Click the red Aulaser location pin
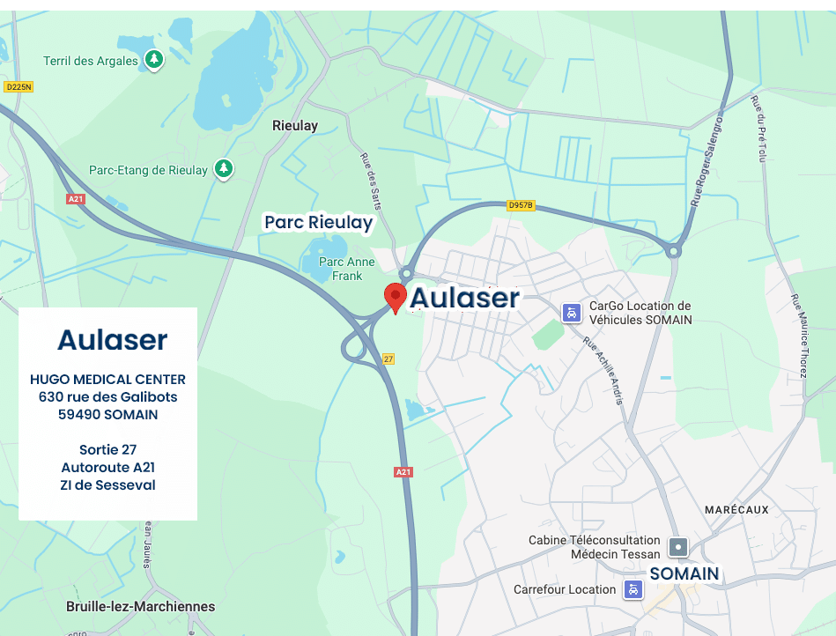[x=396, y=297]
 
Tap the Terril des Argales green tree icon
[x=154, y=60]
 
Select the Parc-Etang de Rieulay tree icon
[x=224, y=168]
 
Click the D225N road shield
[x=18, y=86]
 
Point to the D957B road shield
[x=521, y=205]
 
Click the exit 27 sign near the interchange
[x=388, y=359]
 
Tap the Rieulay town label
[x=295, y=126]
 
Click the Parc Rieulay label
[x=319, y=223]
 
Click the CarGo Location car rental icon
[x=572, y=312]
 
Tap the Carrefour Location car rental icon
[x=633, y=589]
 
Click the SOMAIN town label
[x=684, y=573]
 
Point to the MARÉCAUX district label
[x=736, y=510]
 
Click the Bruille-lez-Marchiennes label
[x=140, y=606]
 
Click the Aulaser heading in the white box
[x=112, y=339]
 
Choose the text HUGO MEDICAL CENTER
[x=107, y=380]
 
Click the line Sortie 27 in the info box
[x=107, y=450]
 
